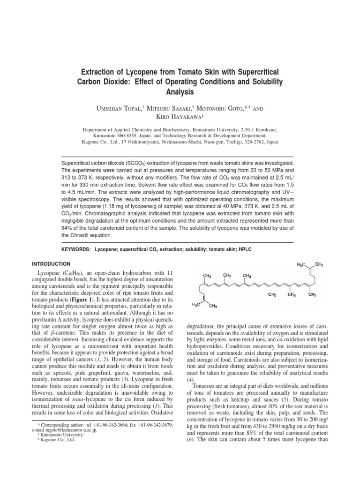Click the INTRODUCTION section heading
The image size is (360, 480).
(x=50, y=264)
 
